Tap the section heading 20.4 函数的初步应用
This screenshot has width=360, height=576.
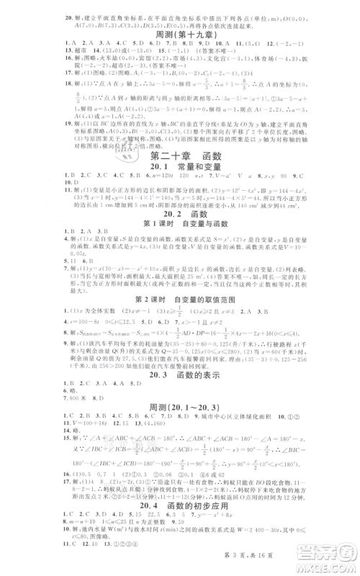(180, 523)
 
